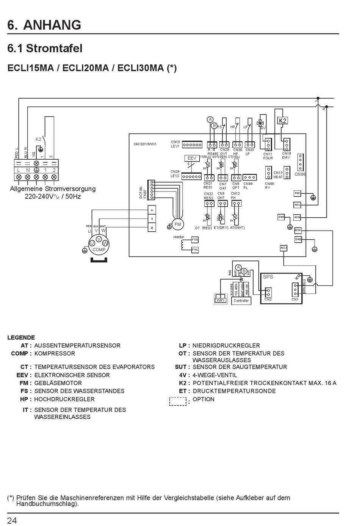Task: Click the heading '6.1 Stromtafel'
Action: (45, 49)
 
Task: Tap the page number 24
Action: (12, 520)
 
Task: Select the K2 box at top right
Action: (282, 121)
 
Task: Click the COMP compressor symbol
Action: (99, 245)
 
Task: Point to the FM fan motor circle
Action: (178, 225)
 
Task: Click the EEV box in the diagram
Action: (192, 158)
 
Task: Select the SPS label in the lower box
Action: (268, 277)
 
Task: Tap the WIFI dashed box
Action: (221, 300)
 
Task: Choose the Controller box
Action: (241, 300)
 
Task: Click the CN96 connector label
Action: (300, 174)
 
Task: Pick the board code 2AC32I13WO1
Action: (145, 144)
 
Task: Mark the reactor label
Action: (178, 237)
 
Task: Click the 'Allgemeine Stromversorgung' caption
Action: (53, 189)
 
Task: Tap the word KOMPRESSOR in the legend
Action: (55, 353)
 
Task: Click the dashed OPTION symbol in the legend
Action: (178, 401)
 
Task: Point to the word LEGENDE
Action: (21, 338)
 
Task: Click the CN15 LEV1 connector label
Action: (175, 144)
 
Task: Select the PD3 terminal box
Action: (297, 193)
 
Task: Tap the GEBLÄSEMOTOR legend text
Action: (58, 383)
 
